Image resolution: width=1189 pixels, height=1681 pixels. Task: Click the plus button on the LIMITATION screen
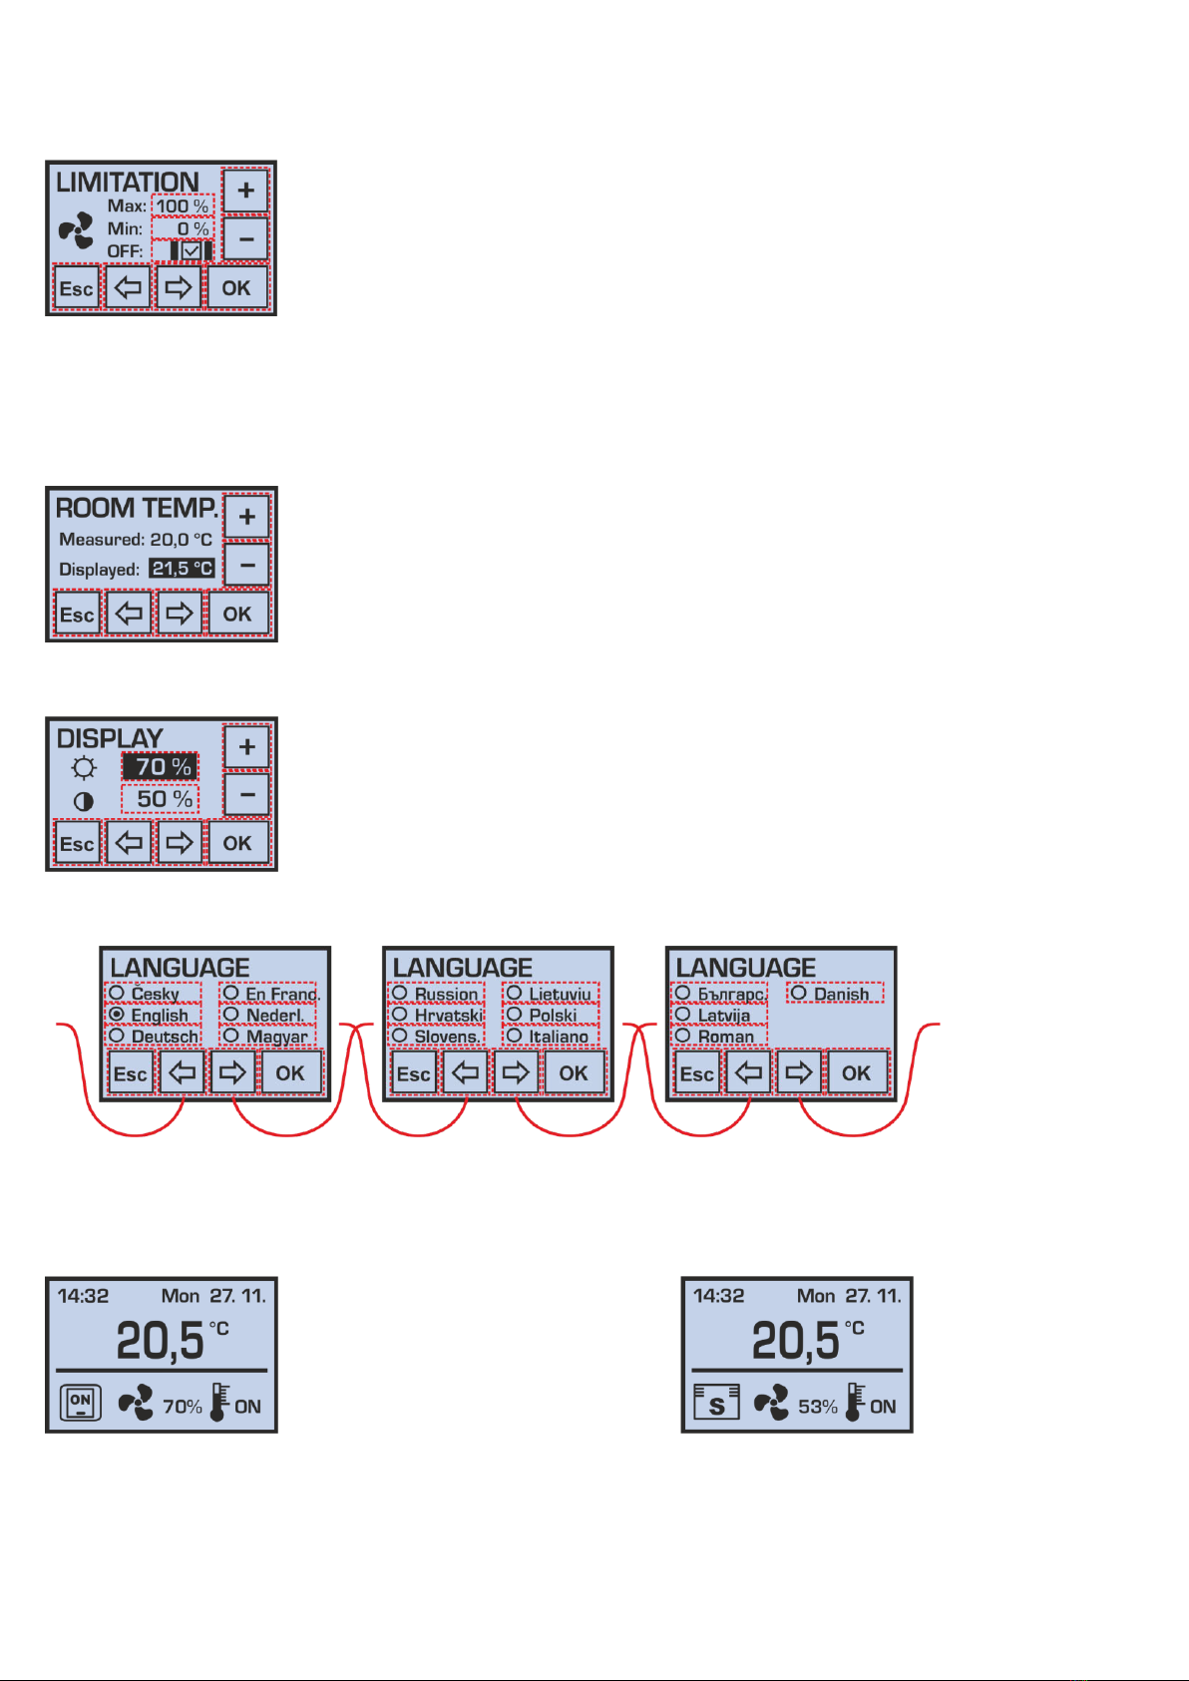pyautogui.click(x=245, y=191)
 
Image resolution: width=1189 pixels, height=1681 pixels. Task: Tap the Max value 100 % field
pyautogui.click(x=183, y=206)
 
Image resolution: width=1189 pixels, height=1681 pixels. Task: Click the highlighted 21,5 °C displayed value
pyautogui.click(x=183, y=569)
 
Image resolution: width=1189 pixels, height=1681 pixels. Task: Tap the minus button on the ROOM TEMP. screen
pyautogui.click(x=246, y=566)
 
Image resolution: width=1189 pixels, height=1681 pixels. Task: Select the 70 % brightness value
pyautogui.click(x=161, y=766)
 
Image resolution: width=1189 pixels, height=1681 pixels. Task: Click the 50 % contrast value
pyautogui.click(x=161, y=799)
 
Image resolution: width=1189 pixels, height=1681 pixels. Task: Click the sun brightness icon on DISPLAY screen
pyautogui.click(x=84, y=768)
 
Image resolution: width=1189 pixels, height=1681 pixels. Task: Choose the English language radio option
pyautogui.click(x=153, y=1015)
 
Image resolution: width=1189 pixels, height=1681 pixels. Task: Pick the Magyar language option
pyautogui.click(x=267, y=1037)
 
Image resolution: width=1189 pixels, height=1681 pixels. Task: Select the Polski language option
pyautogui.click(x=551, y=1015)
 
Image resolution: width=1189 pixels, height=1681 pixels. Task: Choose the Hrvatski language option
pyautogui.click(x=437, y=1015)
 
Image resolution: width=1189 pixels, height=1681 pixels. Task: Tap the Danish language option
pyautogui.click(x=834, y=994)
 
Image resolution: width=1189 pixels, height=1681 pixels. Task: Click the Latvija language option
pyautogui.click(x=718, y=1015)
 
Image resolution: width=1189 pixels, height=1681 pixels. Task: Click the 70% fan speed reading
pyautogui.click(x=182, y=1407)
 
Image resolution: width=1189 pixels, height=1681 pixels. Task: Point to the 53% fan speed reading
pyautogui.click(x=817, y=1407)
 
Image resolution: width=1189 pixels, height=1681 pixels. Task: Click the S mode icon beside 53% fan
pyautogui.click(x=716, y=1402)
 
